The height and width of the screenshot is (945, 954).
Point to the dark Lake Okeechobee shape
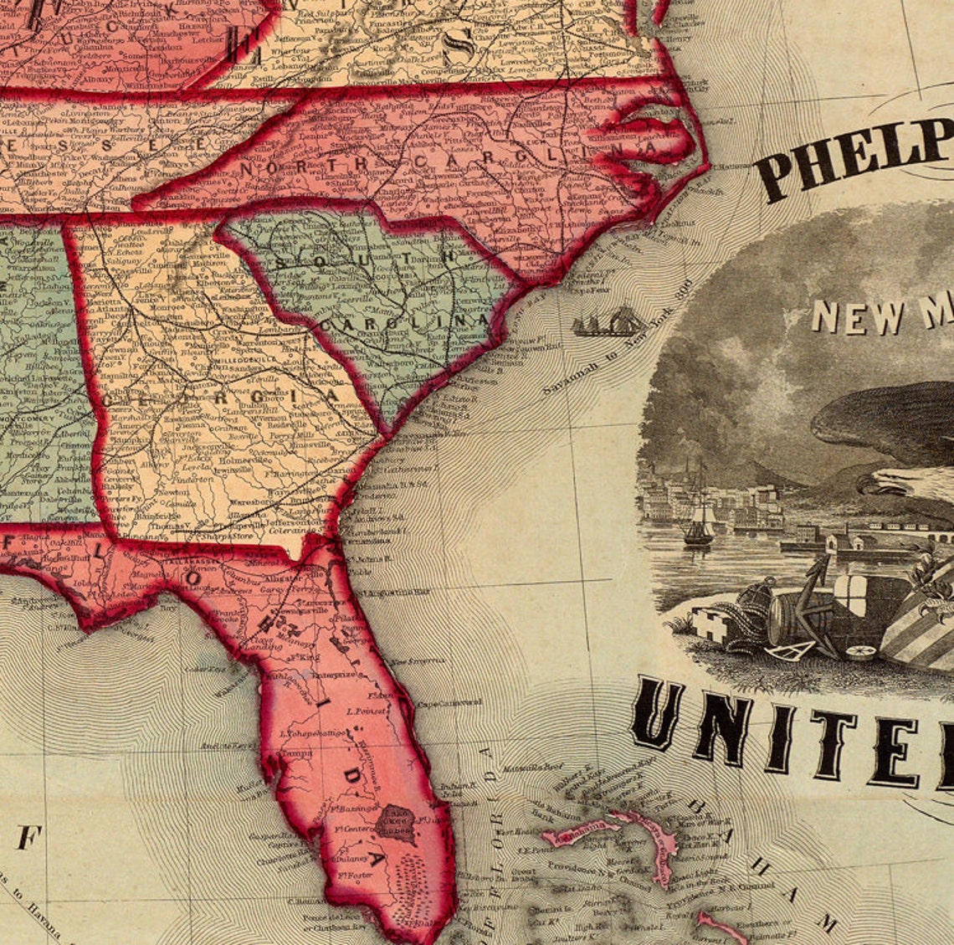(394, 823)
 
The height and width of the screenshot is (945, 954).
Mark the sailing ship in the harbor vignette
(699, 523)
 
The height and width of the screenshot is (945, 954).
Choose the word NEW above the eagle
(846, 316)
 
